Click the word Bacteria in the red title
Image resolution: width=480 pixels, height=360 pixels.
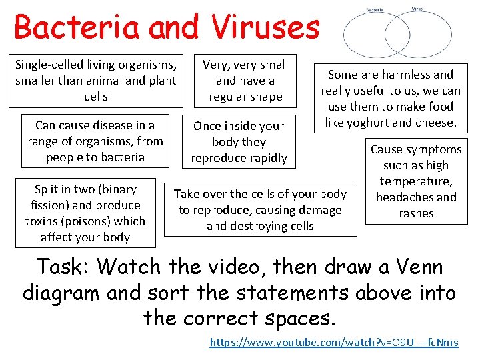click(x=77, y=28)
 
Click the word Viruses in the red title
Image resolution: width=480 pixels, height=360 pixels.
click(x=267, y=28)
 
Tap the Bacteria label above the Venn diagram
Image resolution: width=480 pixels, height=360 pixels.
click(x=375, y=10)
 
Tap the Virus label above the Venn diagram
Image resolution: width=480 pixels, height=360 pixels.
click(x=417, y=9)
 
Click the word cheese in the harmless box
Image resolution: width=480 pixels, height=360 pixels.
click(x=435, y=123)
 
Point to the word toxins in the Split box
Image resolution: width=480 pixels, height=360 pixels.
click(x=43, y=221)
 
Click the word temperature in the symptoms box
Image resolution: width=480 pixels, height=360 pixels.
click(x=416, y=181)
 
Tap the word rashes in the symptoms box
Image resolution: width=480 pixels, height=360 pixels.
click(x=416, y=213)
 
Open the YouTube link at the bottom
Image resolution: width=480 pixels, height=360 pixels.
click(x=334, y=343)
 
